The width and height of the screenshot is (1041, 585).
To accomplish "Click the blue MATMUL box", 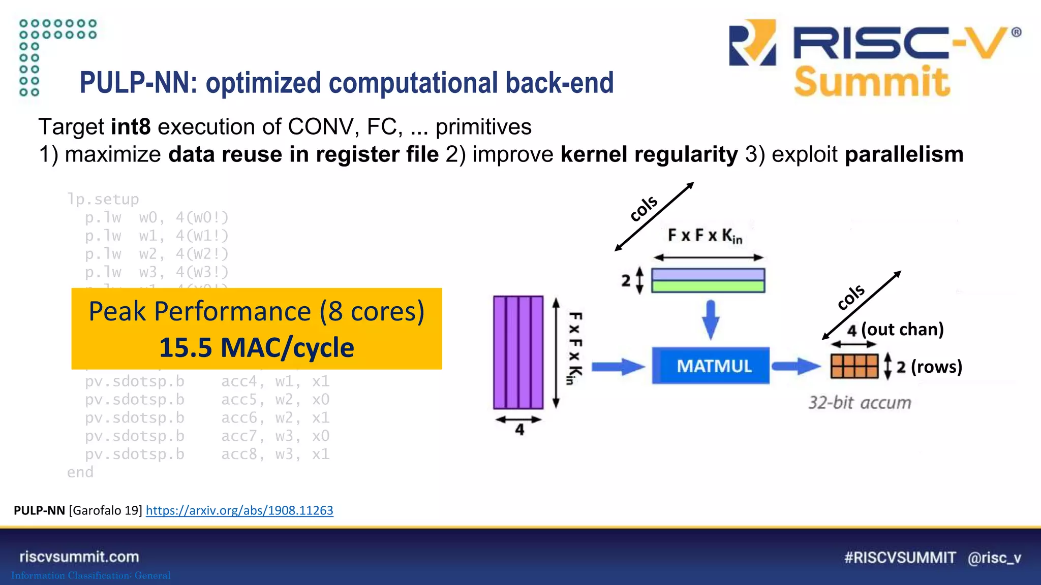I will click(710, 366).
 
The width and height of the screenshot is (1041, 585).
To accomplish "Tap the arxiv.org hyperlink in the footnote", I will click(239, 510).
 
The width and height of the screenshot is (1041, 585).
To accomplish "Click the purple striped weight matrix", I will click(518, 352).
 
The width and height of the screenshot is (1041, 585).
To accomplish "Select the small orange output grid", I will click(854, 366).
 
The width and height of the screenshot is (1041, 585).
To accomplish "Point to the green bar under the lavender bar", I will click(708, 286).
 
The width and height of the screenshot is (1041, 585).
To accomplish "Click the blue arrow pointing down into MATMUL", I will click(711, 319).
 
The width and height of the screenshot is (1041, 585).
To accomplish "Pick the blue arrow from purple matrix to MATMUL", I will click(618, 366).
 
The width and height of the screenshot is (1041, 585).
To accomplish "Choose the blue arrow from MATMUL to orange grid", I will click(795, 366).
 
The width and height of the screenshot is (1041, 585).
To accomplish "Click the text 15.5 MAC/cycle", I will click(256, 348).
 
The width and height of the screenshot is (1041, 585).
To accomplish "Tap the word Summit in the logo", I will click(872, 82).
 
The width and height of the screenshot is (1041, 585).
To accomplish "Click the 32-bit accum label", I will click(860, 403).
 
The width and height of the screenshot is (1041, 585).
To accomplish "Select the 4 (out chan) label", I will click(895, 330).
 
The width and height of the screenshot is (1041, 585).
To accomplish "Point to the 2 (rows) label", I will click(929, 367).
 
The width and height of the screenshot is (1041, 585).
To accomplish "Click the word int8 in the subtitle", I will click(131, 126).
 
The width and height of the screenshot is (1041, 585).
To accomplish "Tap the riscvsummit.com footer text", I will click(79, 557).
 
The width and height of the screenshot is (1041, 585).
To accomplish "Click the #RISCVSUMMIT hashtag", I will click(900, 558).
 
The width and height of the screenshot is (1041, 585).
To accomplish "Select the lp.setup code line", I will click(103, 199).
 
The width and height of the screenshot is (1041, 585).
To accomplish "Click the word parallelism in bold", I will click(904, 154).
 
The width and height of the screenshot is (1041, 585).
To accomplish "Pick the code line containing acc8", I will click(207, 454).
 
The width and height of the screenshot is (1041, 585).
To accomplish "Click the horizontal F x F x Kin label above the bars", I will click(705, 236).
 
